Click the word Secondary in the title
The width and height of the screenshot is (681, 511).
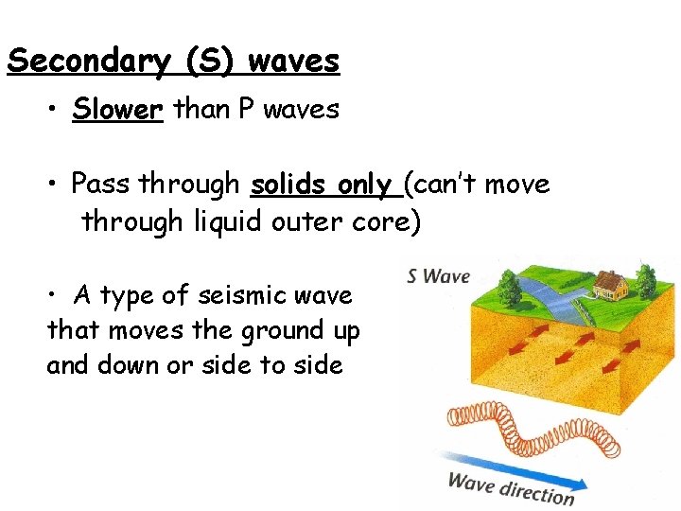pos(91,62)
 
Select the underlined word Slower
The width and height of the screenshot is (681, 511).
pos(118,110)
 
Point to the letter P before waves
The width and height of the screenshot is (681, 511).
pos(246,110)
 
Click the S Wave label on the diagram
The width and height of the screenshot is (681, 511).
pos(438,277)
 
